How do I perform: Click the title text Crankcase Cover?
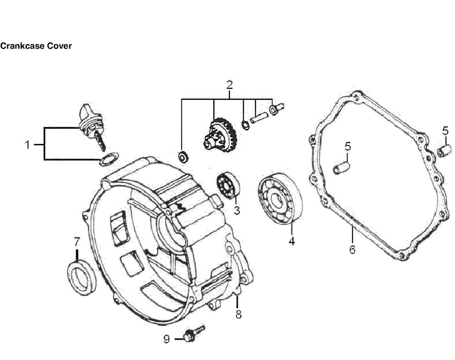click(36, 46)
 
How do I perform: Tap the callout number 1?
click(27, 144)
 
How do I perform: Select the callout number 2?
click(229, 84)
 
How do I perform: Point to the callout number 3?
click(237, 210)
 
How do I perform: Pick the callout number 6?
click(352, 250)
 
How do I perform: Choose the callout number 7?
click(77, 241)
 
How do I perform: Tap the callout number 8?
click(238, 314)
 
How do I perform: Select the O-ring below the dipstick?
click(108, 159)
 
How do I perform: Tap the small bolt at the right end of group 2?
click(276, 110)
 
